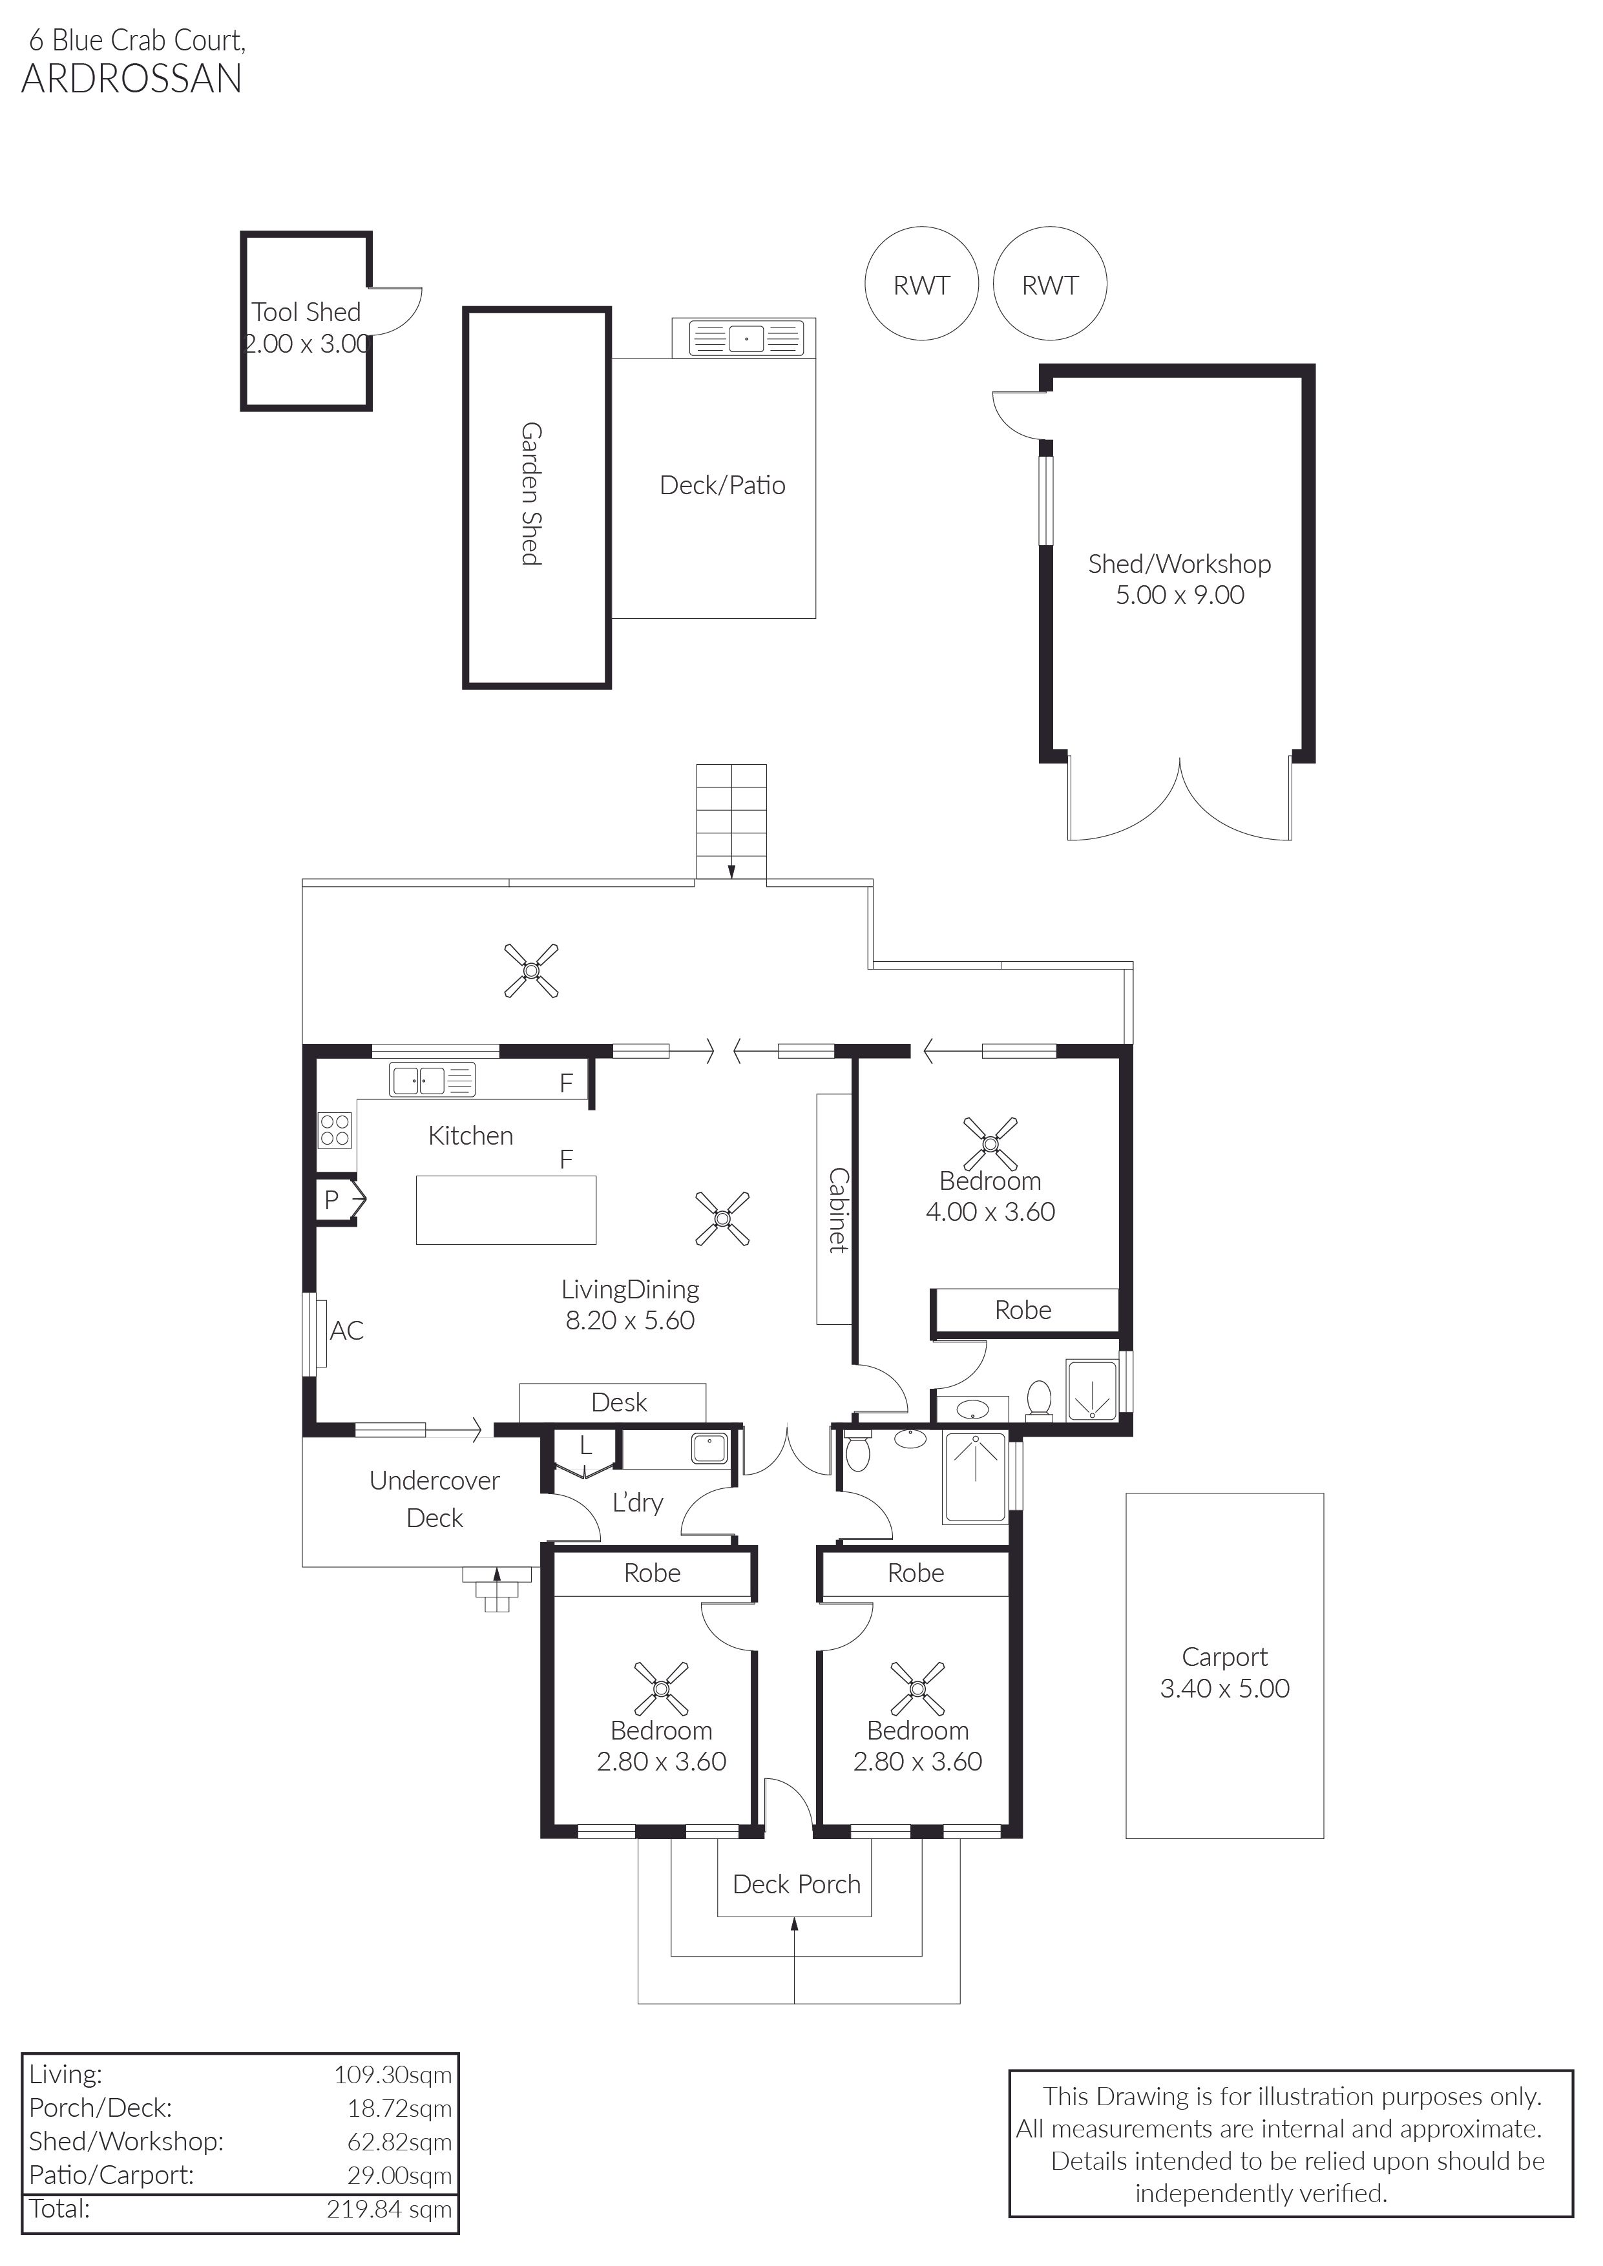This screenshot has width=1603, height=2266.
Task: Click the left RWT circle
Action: [x=866, y=284]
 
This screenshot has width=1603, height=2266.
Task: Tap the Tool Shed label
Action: [x=306, y=312]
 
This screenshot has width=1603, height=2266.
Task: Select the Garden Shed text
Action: [x=531, y=494]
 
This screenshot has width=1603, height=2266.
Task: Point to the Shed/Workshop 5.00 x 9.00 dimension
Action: [x=1180, y=595]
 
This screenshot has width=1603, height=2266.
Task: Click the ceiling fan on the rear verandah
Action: [x=531, y=970]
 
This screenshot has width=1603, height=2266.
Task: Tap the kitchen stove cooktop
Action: [x=335, y=1130]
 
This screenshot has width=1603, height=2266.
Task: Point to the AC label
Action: [x=346, y=1331]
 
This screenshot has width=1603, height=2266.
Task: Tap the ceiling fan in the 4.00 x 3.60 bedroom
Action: [x=990, y=1143]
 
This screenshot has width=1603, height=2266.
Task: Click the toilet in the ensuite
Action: [x=1038, y=1400]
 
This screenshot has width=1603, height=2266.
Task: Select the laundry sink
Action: [x=709, y=1448]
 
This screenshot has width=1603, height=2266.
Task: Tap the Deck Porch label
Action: [x=797, y=1884]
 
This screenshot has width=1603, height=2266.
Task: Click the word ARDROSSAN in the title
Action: [x=131, y=79]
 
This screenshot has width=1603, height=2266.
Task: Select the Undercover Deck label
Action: [x=434, y=1499]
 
